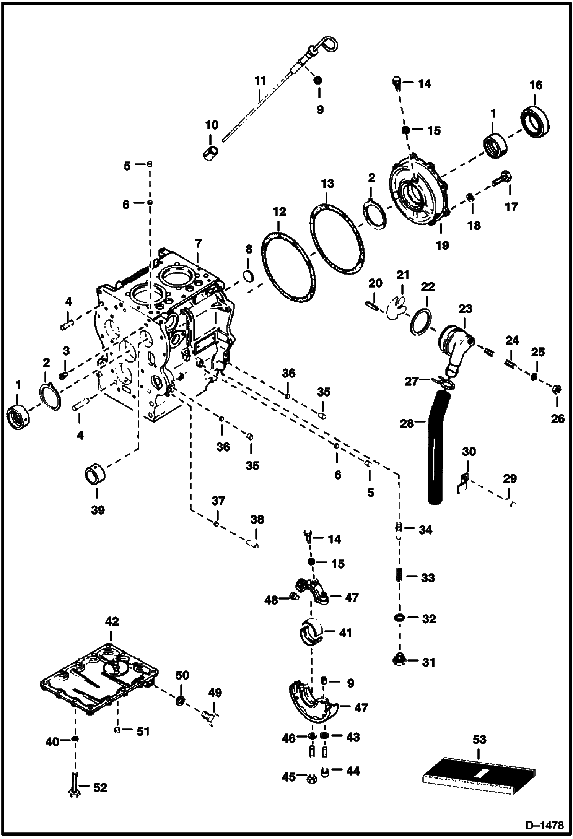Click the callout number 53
[x=479, y=739]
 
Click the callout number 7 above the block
[x=198, y=243]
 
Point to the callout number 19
[x=442, y=245]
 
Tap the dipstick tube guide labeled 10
[x=210, y=153]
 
